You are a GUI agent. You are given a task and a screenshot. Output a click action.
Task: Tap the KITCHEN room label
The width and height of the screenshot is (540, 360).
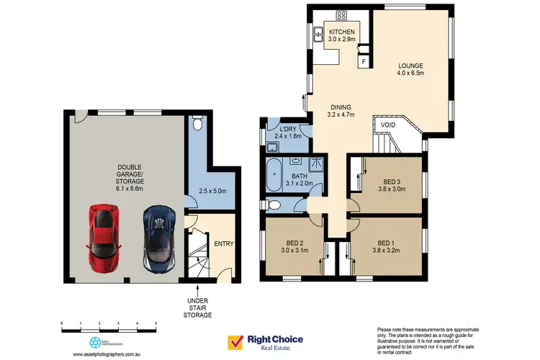[x=342, y=32]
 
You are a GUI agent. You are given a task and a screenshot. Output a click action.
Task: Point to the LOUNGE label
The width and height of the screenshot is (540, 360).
[x=411, y=68]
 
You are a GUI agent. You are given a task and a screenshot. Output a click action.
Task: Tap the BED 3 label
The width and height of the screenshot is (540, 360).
[x=392, y=181]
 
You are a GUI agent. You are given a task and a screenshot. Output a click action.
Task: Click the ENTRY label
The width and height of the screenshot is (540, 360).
[x=224, y=244]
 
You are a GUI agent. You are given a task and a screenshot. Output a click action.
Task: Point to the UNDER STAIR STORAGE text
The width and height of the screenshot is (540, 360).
[x=198, y=307]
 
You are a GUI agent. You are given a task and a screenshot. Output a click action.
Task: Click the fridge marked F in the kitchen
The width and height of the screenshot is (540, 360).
[x=364, y=62]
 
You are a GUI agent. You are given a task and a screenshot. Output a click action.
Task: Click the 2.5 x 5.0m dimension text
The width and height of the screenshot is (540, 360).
[x=213, y=190]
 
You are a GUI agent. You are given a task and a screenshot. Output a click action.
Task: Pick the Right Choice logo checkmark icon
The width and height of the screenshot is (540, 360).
[x=235, y=341]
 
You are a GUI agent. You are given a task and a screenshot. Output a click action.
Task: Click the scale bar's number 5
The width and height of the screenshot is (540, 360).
[x=156, y=323]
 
